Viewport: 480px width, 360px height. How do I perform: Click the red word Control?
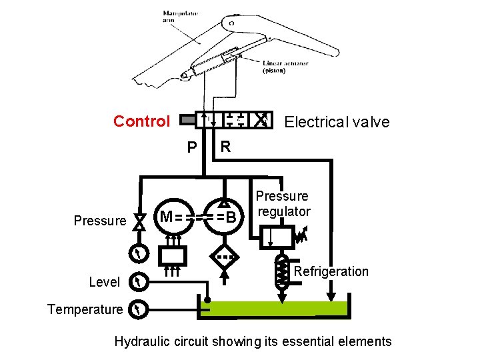pos(141,121)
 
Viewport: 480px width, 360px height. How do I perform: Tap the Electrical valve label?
pos(337,122)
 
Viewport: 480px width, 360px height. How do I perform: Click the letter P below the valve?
pos(192,147)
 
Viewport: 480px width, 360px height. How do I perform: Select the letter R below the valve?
pos(225,146)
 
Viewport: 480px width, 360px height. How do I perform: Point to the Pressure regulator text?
pos(283,203)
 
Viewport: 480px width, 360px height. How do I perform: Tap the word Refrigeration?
pos(331,271)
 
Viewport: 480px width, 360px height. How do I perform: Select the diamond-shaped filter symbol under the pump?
pos(225,255)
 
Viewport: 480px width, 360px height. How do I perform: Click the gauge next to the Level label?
pos(138,282)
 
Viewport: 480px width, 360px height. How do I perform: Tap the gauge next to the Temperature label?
pos(138,309)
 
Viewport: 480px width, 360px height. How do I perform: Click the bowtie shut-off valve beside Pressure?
pos(139,221)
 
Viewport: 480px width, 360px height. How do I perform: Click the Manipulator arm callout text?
pos(175,17)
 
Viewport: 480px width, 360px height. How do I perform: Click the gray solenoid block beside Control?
pos(187,121)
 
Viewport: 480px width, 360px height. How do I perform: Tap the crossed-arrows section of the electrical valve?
pos(263,120)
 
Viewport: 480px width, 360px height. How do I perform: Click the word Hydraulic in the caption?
pos(141,342)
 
